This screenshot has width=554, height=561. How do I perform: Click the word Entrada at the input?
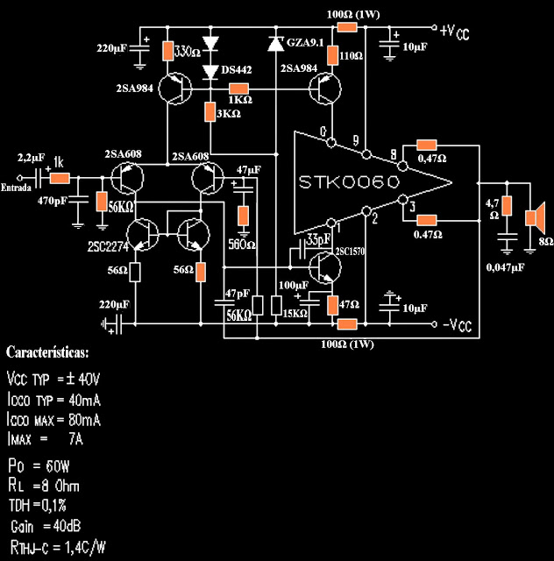pyautogui.click(x=17, y=188)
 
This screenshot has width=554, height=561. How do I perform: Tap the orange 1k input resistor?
pyautogui.click(x=60, y=178)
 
